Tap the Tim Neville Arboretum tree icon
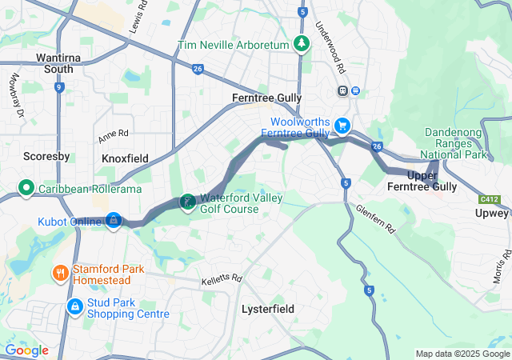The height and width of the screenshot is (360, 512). [302, 45]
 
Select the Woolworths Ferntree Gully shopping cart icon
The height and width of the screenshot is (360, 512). [342, 126]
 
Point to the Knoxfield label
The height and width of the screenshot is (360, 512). [126, 159]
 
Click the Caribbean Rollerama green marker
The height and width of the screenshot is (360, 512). [26, 189]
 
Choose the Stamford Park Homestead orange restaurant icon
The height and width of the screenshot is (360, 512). [60, 274]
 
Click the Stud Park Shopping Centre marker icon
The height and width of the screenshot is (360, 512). [74, 306]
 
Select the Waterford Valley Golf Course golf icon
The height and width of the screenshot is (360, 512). [187, 202]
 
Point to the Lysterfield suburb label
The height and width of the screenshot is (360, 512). [268, 309]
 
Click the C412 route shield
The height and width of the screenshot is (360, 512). [490, 198]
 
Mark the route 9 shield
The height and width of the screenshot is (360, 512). [59, 88]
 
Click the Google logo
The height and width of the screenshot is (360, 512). [26, 350]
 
